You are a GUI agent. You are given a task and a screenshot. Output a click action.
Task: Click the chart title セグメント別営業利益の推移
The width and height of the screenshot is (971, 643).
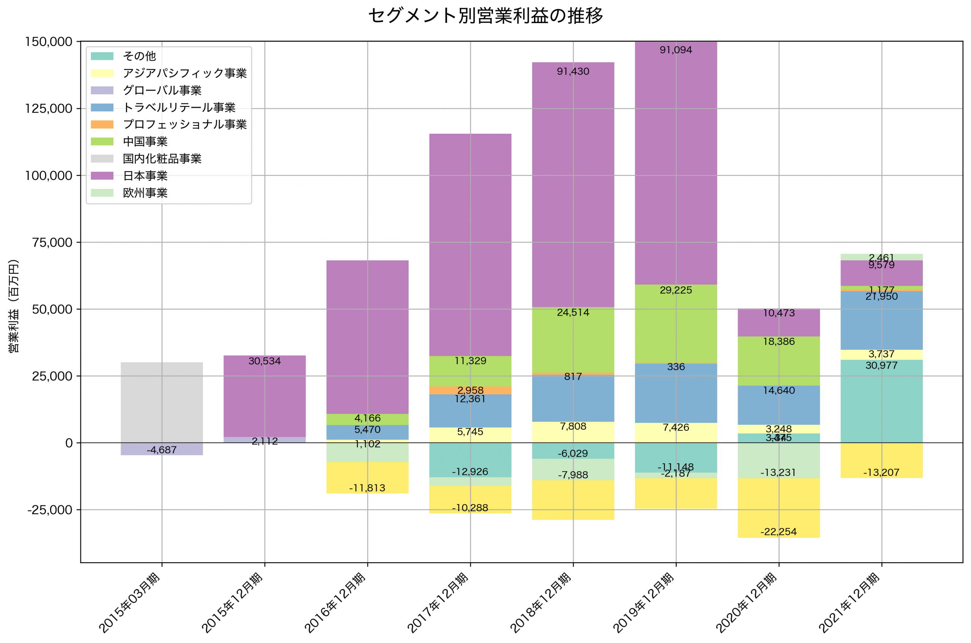pos(485,16)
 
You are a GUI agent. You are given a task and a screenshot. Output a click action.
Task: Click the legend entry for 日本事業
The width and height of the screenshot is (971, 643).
pos(145,176)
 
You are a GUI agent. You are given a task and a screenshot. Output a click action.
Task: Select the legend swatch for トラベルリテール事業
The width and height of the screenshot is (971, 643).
pos(102,108)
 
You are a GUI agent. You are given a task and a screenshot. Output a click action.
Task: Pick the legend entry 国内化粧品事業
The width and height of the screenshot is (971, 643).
pos(162,159)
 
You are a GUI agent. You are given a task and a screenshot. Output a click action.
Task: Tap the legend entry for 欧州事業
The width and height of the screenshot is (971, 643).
pos(145,193)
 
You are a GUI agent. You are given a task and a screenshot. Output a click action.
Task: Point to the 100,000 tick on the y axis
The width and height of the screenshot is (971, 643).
pos(49,175)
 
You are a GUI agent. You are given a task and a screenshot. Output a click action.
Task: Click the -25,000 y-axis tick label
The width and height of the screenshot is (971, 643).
pos(50,510)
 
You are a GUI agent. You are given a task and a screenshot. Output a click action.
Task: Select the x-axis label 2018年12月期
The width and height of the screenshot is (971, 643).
pos(541,603)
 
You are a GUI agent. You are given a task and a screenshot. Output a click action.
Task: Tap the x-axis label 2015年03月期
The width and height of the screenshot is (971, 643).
pos(130,603)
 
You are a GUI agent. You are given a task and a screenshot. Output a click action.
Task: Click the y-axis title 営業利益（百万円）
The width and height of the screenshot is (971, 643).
pos(14,306)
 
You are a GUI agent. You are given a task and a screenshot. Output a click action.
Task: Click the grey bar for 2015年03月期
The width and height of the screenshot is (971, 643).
pos(162,402)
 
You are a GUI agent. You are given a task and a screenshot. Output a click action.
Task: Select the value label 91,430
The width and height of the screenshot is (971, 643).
pos(573,72)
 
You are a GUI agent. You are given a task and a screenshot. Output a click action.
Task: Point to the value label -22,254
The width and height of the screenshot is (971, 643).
pos(779,532)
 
